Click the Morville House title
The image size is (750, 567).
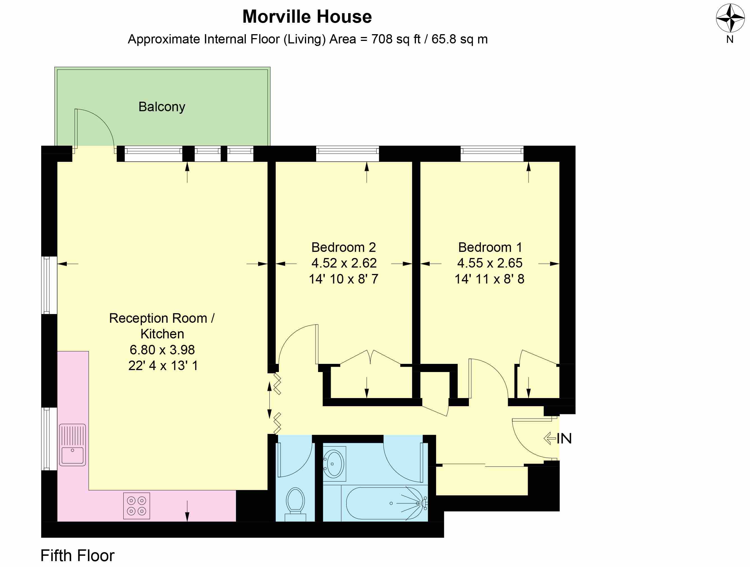[307, 17]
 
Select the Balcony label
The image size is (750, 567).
[162, 107]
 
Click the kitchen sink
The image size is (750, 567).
[72, 445]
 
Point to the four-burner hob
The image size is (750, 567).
[136, 506]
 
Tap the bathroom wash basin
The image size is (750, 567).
[334, 463]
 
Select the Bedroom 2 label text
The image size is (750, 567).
[343, 247]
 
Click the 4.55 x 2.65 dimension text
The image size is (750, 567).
[490, 263]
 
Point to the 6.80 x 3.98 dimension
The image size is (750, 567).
[162, 350]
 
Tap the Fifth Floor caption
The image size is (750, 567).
[77, 556]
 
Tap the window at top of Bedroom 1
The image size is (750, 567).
[492, 150]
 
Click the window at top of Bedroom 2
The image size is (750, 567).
[347, 150]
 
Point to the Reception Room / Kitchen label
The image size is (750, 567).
[162, 326]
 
